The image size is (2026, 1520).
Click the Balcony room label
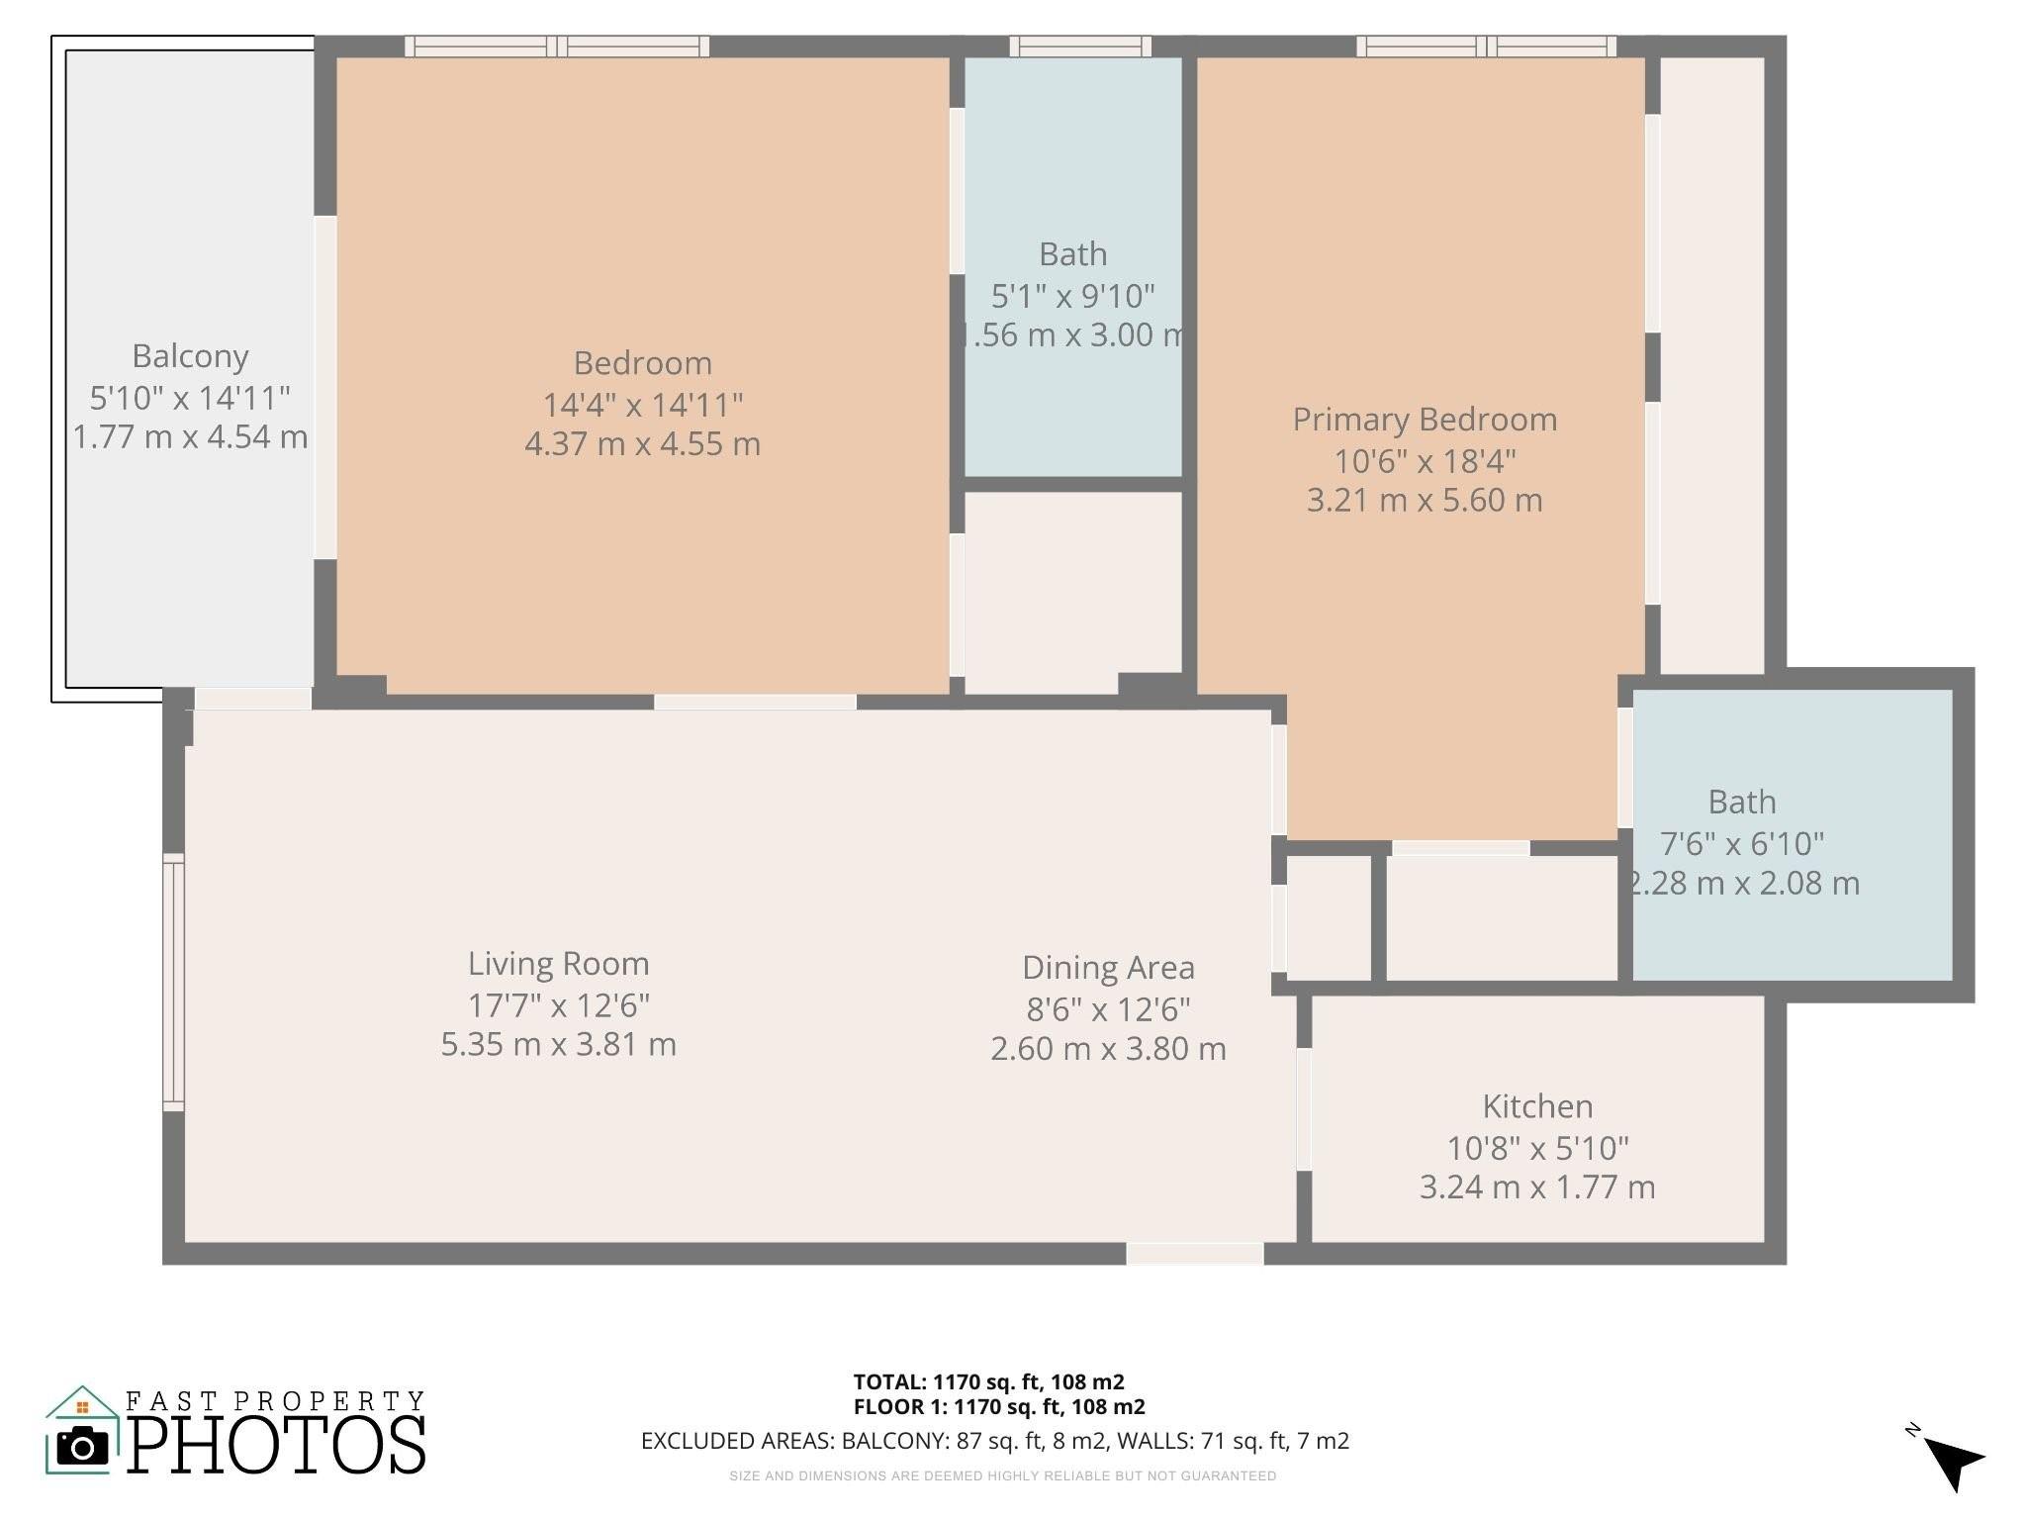click(190, 356)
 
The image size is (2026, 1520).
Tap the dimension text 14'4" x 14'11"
click(642, 405)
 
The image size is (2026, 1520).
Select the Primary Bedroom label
click(1424, 420)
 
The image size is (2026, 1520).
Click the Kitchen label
click(1536, 1106)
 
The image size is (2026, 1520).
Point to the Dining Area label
click(1108, 968)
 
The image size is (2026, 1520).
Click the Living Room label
click(558, 964)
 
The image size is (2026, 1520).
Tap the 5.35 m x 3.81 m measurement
click(558, 1045)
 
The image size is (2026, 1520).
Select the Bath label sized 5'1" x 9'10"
click(1072, 255)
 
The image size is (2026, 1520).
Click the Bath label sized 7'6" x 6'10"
click(1741, 803)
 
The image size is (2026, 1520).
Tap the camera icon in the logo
click(83, 1448)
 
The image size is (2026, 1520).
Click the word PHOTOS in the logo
click(277, 1446)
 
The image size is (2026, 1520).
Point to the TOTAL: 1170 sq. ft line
click(988, 1382)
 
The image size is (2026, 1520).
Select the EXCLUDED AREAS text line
click(994, 1441)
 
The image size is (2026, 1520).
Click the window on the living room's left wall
click(174, 981)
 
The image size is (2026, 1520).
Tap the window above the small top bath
click(1080, 46)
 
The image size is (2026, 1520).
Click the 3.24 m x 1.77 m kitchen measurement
click(1536, 1187)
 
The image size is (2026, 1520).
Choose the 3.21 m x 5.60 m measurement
click(1424, 501)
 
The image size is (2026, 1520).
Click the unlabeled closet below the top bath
click(1072, 589)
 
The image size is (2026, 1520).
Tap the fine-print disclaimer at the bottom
click(1002, 1476)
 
